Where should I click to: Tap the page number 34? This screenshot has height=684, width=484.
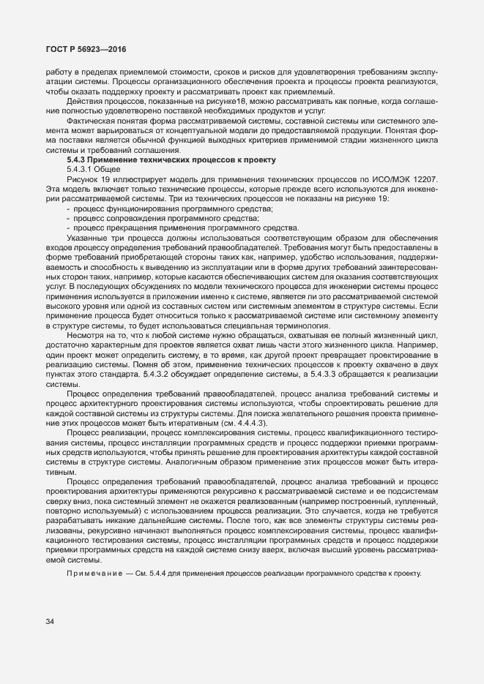pyautogui.click(x=50, y=621)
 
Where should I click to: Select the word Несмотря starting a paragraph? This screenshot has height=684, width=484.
pyautogui.click(x=87, y=335)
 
